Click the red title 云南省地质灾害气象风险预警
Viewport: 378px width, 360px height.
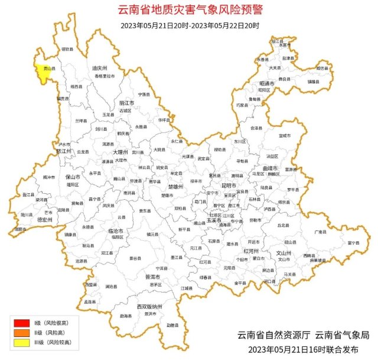[x=188, y=9]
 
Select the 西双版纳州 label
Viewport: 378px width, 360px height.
[x=149, y=307]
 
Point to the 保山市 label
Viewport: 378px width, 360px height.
[x=73, y=177]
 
